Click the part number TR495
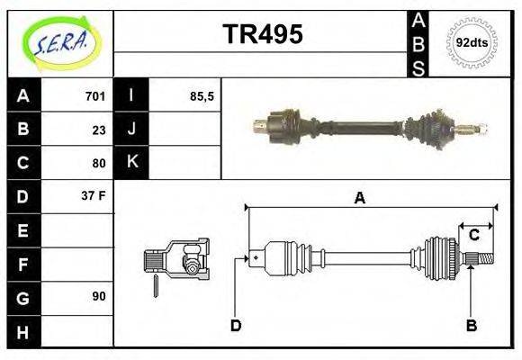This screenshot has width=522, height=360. pos(262,35)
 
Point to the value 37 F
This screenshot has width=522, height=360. pos(94,195)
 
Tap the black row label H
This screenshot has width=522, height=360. pos(23,330)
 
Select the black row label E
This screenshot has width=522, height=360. pos(23,230)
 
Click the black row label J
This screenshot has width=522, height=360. pos(131,129)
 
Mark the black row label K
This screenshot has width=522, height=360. pos(131,163)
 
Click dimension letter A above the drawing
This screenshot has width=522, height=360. pos(359,198)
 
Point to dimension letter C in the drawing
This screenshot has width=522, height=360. pos(473,236)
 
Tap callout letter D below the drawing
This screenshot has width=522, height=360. pos(236,326)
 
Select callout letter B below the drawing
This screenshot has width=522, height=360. pos(471,326)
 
